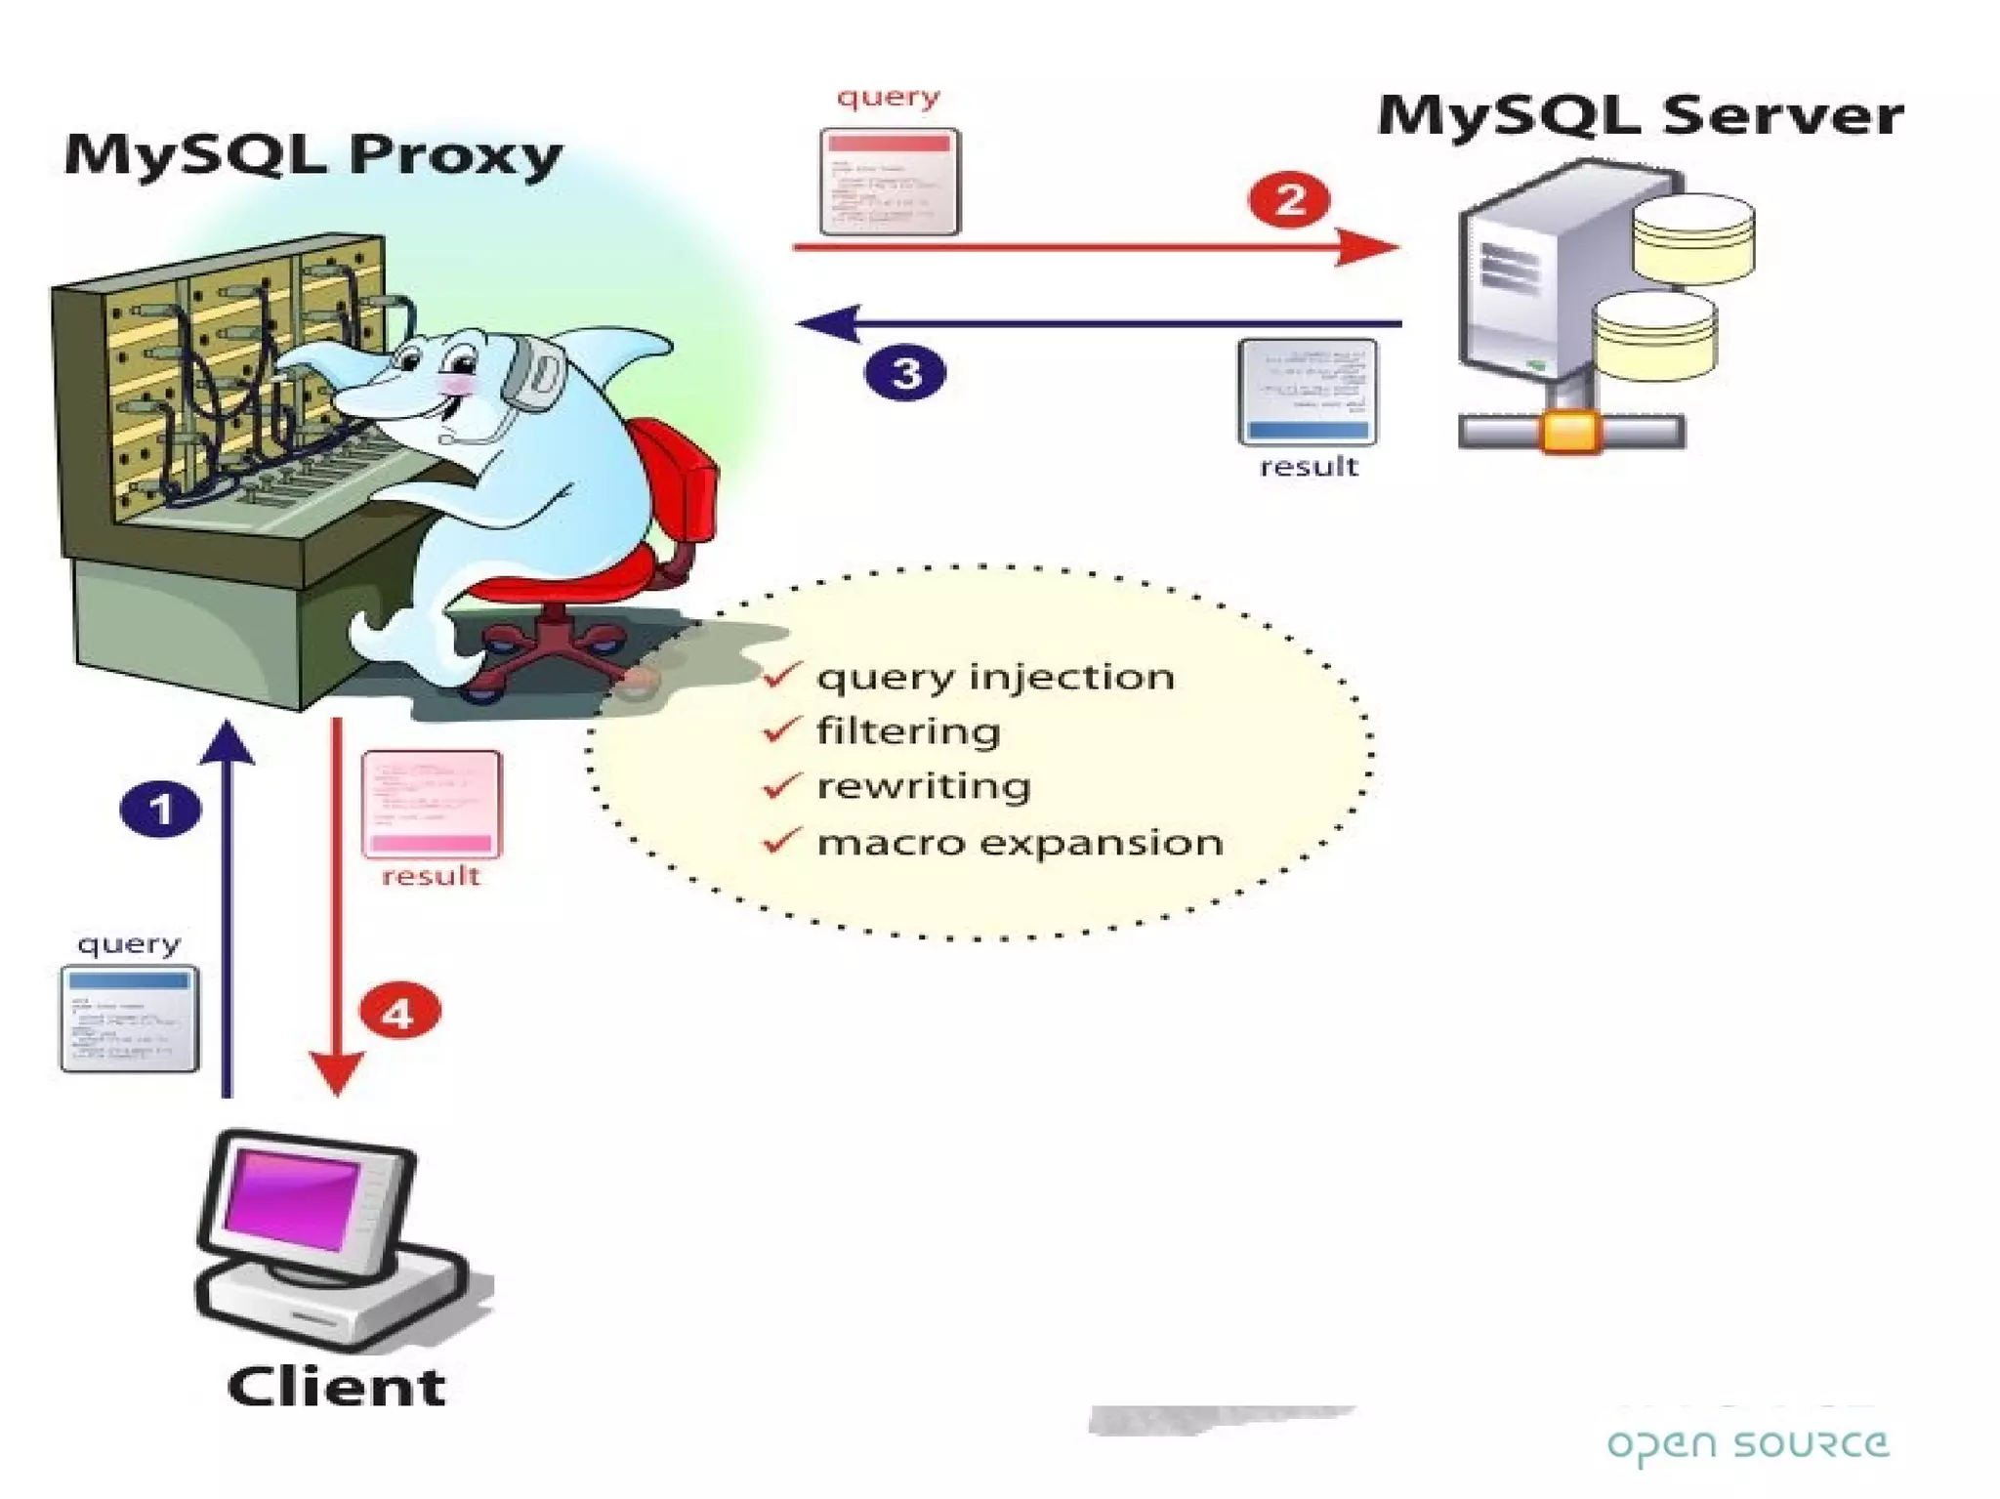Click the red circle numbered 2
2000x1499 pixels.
(x=1289, y=200)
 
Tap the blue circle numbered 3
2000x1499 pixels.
(x=905, y=373)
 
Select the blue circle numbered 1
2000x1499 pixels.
(x=160, y=809)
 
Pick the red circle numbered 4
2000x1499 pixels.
(x=399, y=1013)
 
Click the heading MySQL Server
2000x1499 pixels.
(x=1640, y=116)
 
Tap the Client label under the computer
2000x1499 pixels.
(x=336, y=1387)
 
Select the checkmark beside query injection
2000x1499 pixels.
(x=782, y=675)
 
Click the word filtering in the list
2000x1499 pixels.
(x=908, y=731)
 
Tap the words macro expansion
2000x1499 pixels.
(x=1020, y=842)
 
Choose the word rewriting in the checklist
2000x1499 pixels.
(x=923, y=786)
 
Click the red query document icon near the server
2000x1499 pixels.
(x=890, y=182)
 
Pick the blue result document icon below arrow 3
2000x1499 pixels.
(x=1308, y=392)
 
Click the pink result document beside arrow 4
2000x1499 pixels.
(x=431, y=804)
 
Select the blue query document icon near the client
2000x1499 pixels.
(x=130, y=1019)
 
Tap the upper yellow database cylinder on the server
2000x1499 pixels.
(x=1693, y=237)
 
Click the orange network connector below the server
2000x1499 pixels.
(x=1570, y=432)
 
